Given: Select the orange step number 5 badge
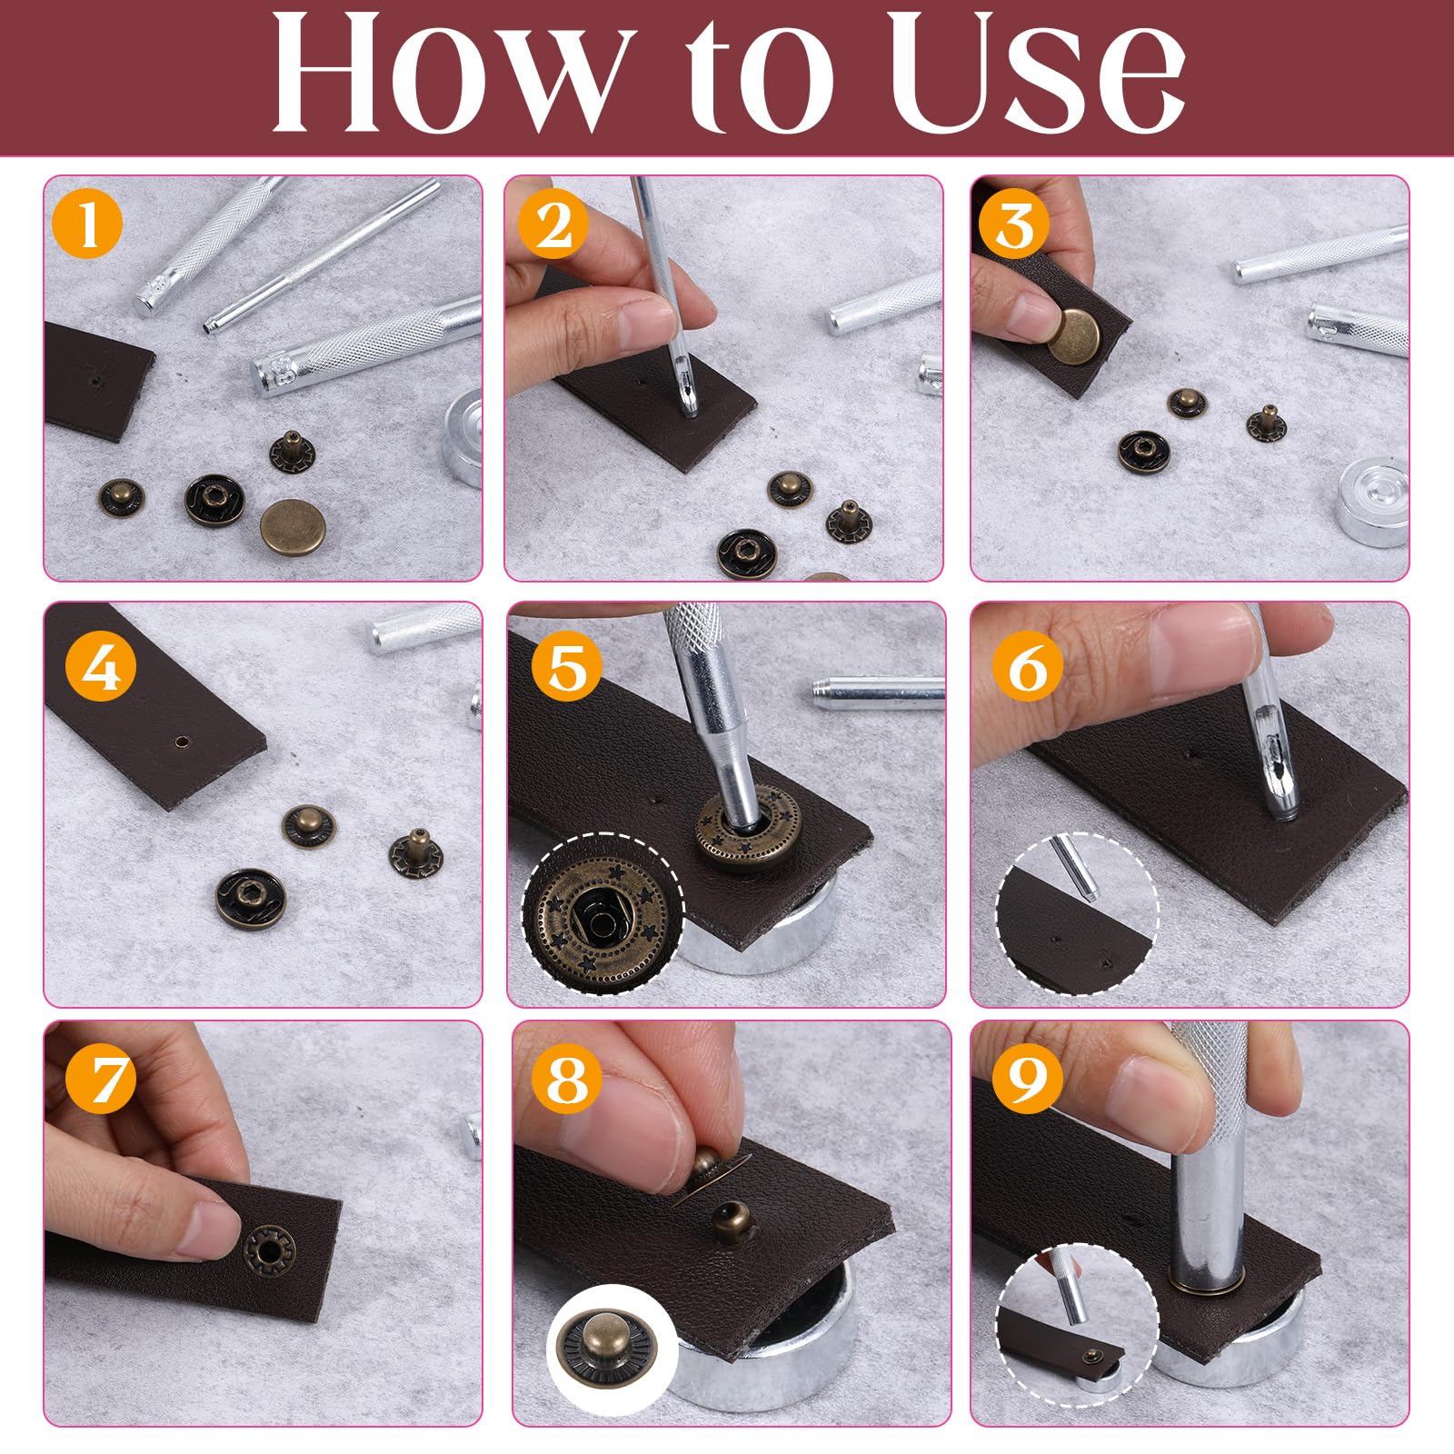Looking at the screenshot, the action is coord(567,668).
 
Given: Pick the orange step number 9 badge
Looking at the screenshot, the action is coord(1028,1079).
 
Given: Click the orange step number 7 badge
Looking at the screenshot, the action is coord(101,1080).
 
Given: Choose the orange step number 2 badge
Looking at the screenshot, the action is coord(553,224).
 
